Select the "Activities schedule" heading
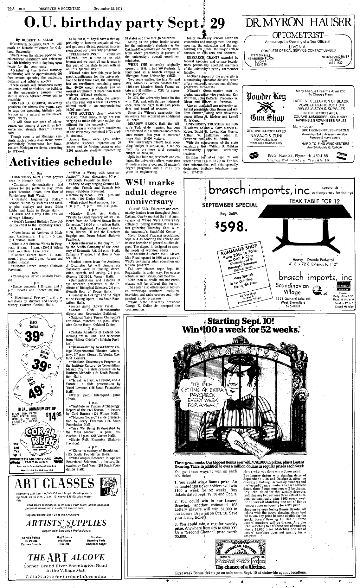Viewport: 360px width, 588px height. coord(61,162)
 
